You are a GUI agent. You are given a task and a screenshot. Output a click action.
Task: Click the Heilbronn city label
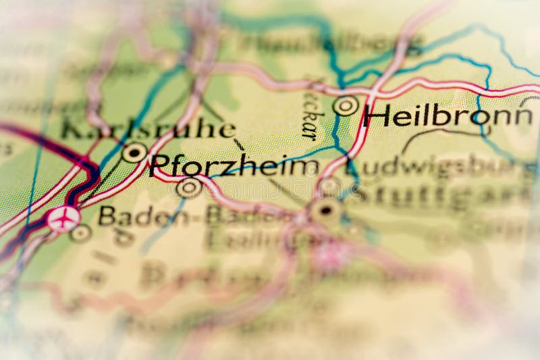(x=447, y=116)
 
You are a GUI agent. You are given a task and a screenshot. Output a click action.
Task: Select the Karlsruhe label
(x=148, y=129)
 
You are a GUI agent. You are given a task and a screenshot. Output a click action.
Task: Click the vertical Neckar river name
(x=310, y=111)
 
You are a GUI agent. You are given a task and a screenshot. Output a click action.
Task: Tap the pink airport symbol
(x=63, y=219)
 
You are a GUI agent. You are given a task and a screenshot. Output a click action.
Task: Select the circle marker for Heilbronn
(x=346, y=105)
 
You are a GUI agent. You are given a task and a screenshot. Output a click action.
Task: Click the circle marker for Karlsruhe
(x=134, y=153)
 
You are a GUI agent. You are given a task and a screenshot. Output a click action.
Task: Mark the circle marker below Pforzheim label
(x=188, y=187)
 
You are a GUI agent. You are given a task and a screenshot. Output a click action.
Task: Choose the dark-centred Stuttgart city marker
(x=326, y=211)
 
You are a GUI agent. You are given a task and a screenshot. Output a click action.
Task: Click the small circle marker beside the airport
(x=81, y=233)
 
